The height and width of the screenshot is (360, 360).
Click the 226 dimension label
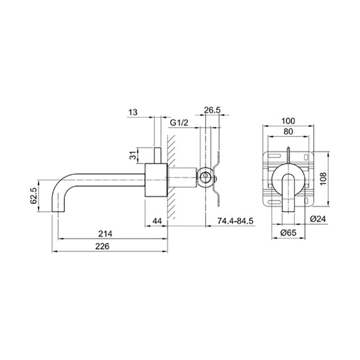tap(102, 246)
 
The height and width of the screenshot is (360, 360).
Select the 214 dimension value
tap(105, 233)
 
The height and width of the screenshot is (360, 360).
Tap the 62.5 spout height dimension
tap(33, 195)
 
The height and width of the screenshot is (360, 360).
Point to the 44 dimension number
tap(157, 221)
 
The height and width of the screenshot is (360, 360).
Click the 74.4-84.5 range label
tap(236, 221)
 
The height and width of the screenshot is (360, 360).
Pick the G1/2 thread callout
tap(179, 123)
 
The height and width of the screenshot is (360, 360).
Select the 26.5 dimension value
tap(212, 110)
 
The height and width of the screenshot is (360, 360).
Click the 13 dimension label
tap(133, 112)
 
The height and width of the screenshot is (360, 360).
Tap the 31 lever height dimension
tap(133, 156)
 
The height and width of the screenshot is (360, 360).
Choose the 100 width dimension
tap(289, 121)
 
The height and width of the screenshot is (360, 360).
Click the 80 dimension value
tap(289, 132)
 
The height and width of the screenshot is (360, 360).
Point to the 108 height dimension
tap(323, 179)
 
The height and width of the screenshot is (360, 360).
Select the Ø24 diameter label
tap(318, 219)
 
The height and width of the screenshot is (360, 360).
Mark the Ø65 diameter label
tap(289, 233)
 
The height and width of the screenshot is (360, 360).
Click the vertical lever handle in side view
tap(157, 155)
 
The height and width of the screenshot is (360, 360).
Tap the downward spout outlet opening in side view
tap(58, 211)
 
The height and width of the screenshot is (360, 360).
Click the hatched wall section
tap(171, 177)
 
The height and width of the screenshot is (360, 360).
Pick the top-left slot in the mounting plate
tap(274, 156)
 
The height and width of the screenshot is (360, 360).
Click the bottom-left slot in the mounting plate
tap(274, 202)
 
